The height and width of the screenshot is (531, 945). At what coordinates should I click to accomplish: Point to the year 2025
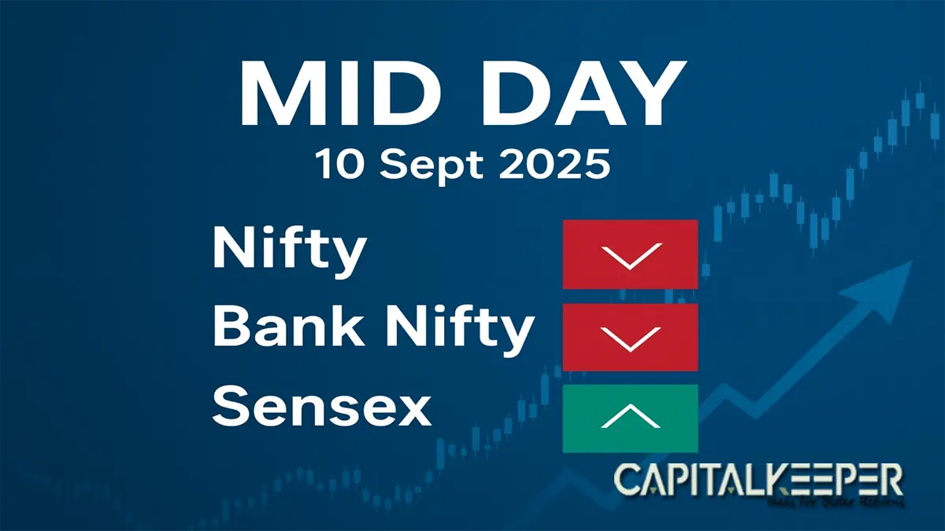pos(551,166)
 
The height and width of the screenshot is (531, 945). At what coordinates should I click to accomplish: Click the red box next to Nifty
pos(630,254)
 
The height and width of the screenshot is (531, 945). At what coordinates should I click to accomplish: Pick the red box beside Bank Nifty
pos(630,337)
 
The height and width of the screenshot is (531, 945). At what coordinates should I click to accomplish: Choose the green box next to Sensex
pos(630,419)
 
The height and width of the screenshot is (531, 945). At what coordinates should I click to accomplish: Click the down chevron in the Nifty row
pos(630,256)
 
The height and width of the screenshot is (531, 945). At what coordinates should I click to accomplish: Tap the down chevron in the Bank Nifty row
pos(630,338)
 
